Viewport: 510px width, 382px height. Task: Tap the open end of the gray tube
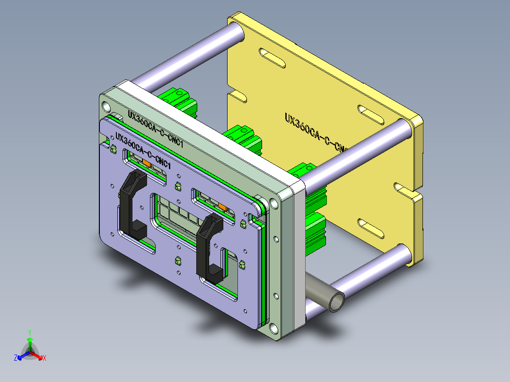tap(336, 301)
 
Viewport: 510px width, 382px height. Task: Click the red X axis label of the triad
tap(44, 358)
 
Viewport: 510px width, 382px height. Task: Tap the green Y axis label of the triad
tap(29, 332)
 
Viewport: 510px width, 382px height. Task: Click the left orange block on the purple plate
tap(147, 163)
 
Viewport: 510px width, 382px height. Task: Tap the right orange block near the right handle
tap(223, 206)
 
